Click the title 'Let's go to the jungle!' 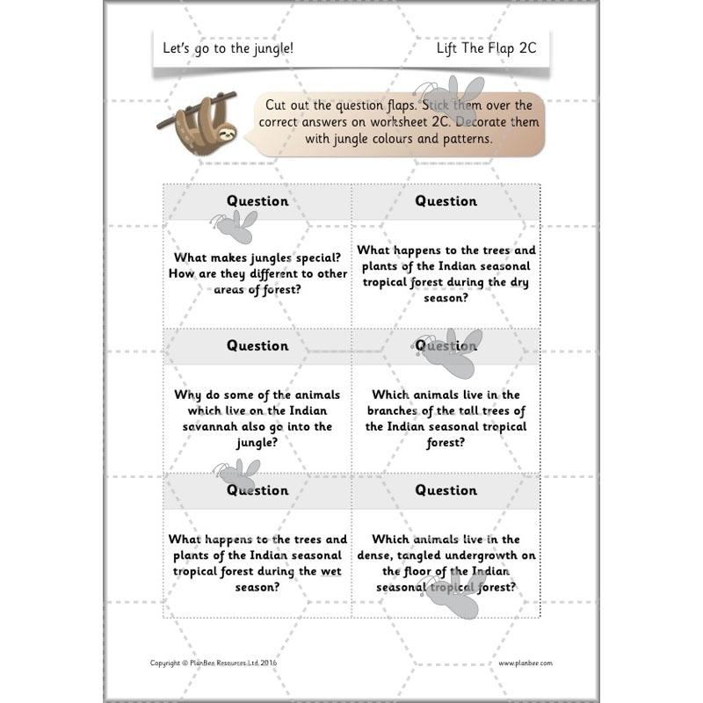[228, 48]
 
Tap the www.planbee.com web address [525, 663]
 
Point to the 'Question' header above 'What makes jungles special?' [257, 201]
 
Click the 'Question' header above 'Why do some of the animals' [257, 345]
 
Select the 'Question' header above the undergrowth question [446, 489]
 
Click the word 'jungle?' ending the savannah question [257, 442]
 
